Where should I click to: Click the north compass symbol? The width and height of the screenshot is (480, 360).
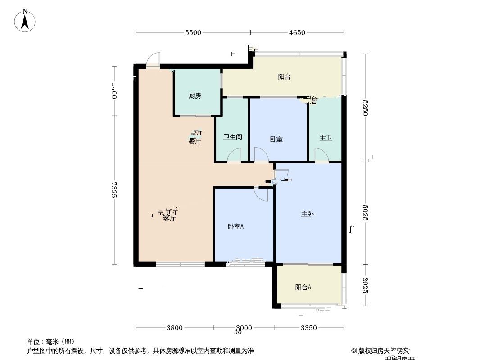pos(25,20)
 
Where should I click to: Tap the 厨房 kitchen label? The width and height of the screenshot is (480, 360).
pos(195,95)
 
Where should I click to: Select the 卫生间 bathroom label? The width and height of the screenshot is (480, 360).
pos(233,137)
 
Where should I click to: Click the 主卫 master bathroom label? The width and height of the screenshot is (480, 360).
pos(326,138)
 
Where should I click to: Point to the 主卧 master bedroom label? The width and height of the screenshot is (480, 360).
pos(307,214)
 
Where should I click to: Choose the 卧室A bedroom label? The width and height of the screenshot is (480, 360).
pos(235,227)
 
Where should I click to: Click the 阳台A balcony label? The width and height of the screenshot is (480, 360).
pos(303,287)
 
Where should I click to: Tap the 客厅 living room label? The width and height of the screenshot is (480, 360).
pos(169,219)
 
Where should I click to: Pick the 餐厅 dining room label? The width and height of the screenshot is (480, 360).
pos(195,141)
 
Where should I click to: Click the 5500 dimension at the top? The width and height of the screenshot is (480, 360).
pos(193,32)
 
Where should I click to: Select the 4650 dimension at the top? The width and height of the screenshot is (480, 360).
pos(297,32)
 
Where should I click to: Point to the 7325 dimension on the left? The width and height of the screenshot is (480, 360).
pos(114,189)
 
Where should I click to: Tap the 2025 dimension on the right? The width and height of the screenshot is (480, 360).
pos(366,285)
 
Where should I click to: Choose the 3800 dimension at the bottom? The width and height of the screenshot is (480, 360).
pos(175,328)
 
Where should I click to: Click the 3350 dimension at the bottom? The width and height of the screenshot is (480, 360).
pos(309,328)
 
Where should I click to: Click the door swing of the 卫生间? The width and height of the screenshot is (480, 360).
pos(234,155)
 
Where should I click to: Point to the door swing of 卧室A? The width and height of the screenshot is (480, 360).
pos(261,193)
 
